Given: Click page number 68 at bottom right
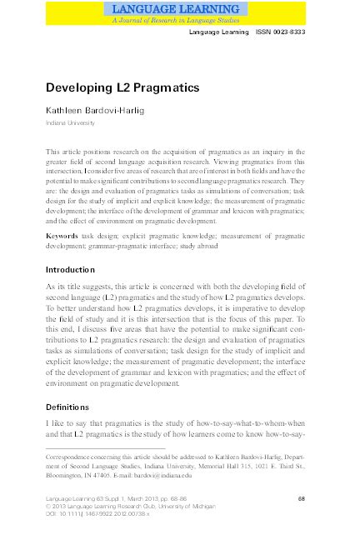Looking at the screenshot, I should [301, 497].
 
